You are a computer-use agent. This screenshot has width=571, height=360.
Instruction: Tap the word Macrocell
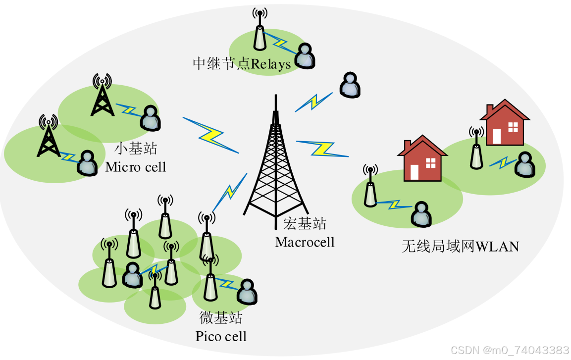tap(305, 242)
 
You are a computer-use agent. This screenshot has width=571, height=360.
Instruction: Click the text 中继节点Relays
tap(242, 64)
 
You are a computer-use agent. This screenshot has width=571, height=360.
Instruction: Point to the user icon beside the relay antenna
tap(305, 55)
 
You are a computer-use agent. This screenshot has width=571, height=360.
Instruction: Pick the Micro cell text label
tap(135, 167)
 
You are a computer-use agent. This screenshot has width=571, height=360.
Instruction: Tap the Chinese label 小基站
tap(136, 149)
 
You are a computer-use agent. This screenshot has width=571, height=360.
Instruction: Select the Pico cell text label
tap(221, 337)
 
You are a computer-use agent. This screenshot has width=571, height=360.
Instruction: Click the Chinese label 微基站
tap(221, 317)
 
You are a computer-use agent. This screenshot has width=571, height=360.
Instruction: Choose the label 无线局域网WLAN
tap(460, 246)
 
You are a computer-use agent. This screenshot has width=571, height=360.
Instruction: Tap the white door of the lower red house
tap(415, 171)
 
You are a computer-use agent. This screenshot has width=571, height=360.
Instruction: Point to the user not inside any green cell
tap(350, 85)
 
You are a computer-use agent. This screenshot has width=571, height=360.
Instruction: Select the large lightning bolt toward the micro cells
tap(210, 135)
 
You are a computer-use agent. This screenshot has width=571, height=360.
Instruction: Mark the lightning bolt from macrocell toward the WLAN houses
tap(322, 148)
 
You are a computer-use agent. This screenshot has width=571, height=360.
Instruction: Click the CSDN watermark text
tap(510, 350)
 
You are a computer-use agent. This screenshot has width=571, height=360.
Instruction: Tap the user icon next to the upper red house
tap(524, 164)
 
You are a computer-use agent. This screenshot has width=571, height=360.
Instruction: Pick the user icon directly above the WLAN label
tap(420, 213)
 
